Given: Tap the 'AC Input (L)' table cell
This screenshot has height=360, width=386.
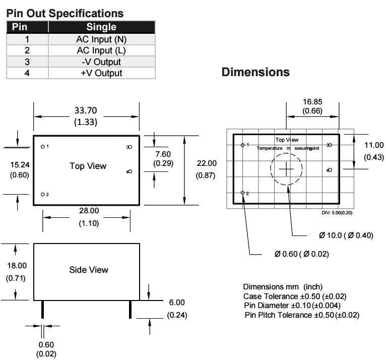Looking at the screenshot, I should point(101,51).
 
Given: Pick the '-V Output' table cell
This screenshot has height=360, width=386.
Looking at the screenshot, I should point(101,63).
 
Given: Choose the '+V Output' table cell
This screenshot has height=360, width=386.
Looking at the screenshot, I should point(101,73).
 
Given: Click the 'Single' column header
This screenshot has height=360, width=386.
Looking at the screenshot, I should point(101,27).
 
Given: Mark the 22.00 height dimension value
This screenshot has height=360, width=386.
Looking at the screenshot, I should point(206,163).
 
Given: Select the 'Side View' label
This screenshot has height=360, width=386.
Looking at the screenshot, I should point(88,270).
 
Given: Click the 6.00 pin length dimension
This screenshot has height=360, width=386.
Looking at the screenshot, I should point(177,303).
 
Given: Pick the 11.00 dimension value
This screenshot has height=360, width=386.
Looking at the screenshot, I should point(373,145).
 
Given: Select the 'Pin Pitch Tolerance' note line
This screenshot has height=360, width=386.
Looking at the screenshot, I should point(302,316).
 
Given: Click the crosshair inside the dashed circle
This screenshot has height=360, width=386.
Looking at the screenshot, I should point(287,168).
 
